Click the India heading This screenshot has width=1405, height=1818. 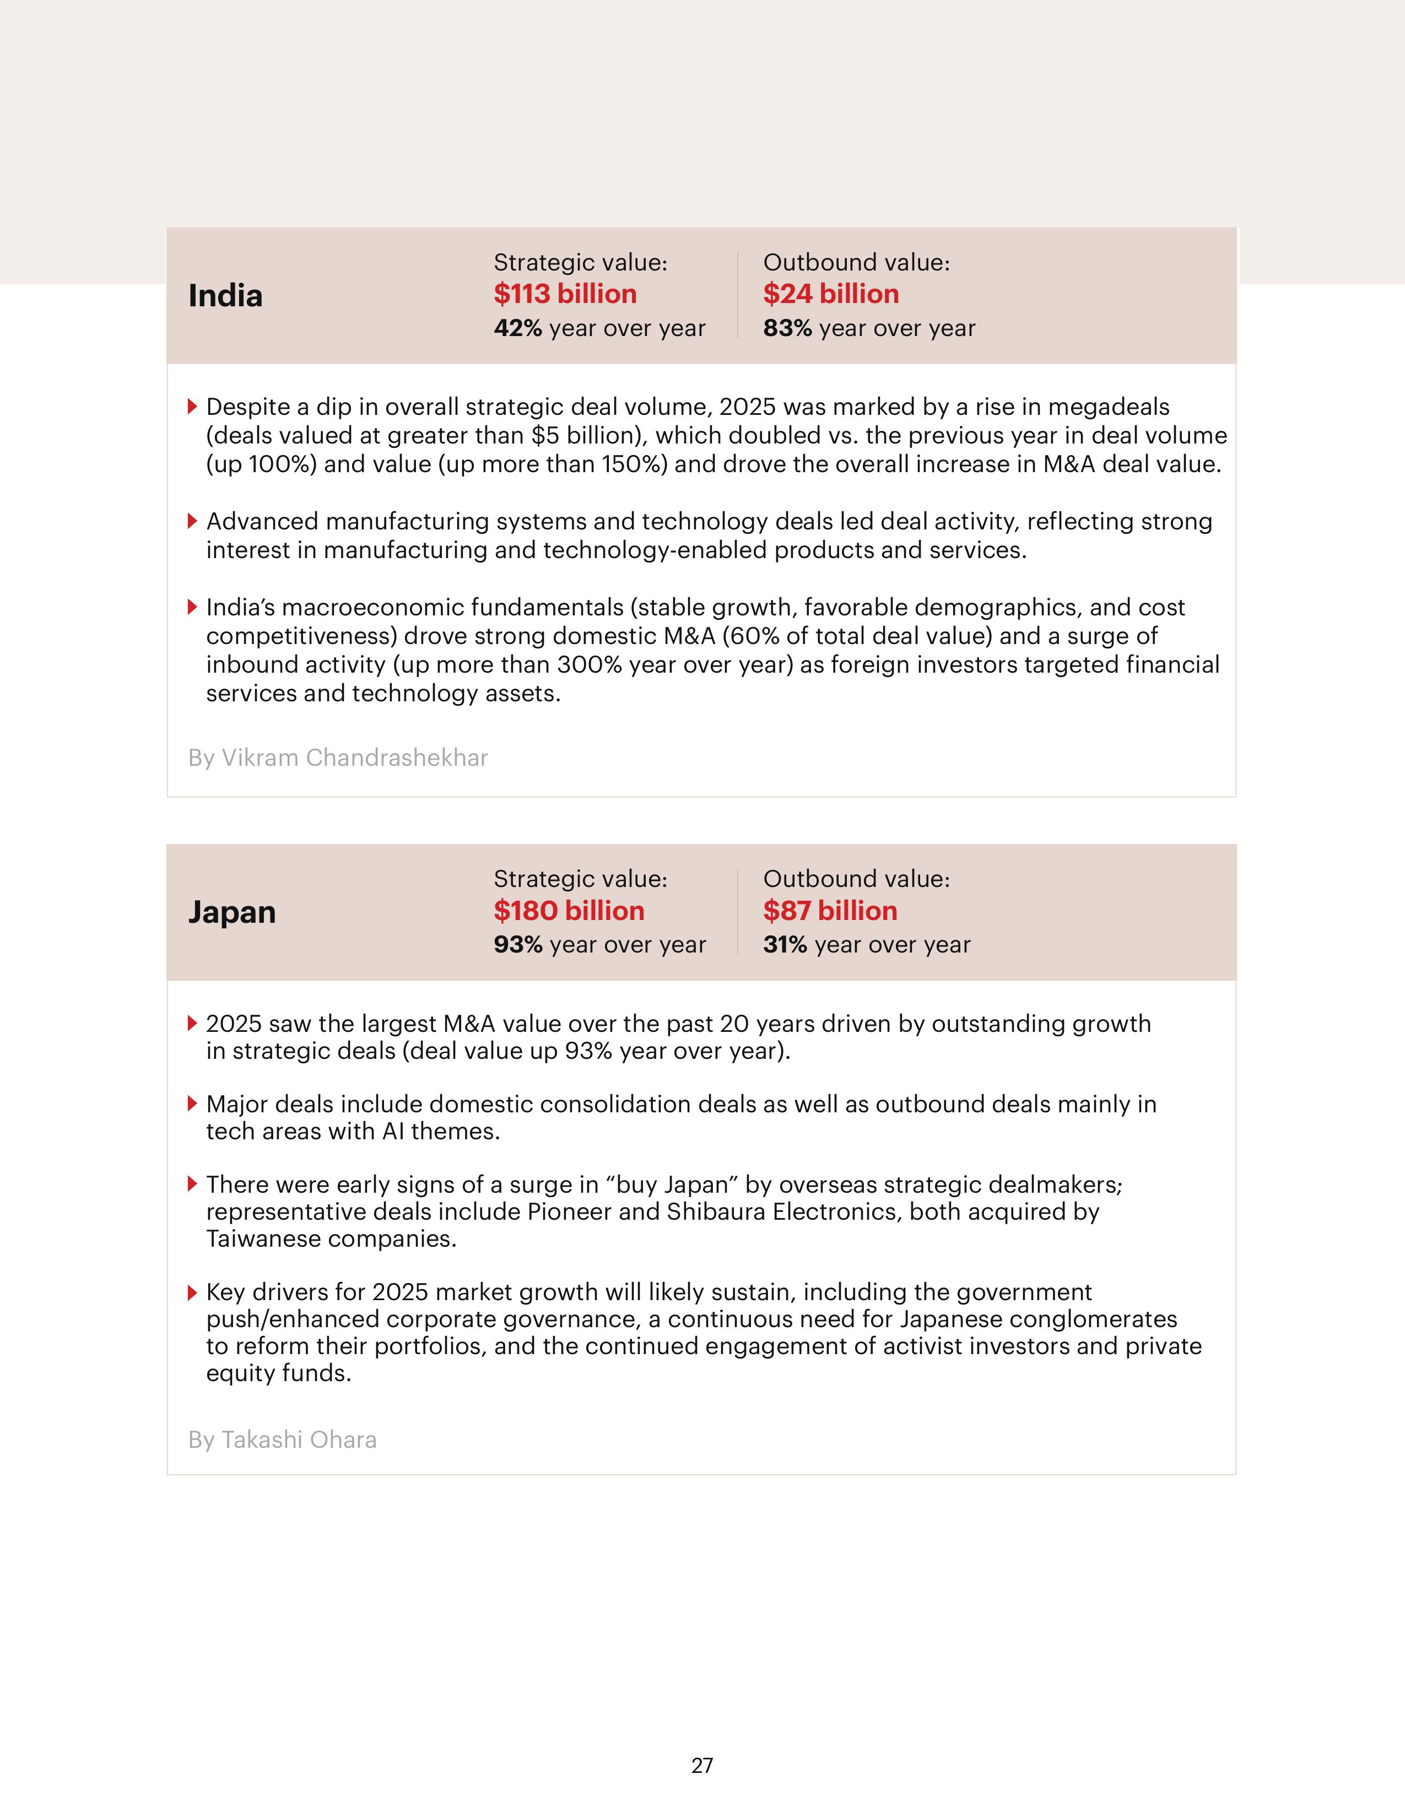tap(225, 295)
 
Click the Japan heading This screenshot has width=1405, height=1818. tap(231, 912)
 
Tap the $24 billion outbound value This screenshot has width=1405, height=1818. tap(831, 294)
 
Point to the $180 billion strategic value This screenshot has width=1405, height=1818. tap(569, 911)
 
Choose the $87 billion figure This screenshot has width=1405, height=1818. tap(830, 911)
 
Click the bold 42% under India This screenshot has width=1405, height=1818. tap(518, 328)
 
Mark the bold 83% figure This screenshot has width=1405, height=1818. tap(787, 328)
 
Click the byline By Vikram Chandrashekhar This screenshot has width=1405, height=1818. tap(338, 757)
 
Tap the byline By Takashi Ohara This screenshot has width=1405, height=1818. tap(282, 1440)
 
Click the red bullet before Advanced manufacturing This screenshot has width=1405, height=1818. tap(192, 521)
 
